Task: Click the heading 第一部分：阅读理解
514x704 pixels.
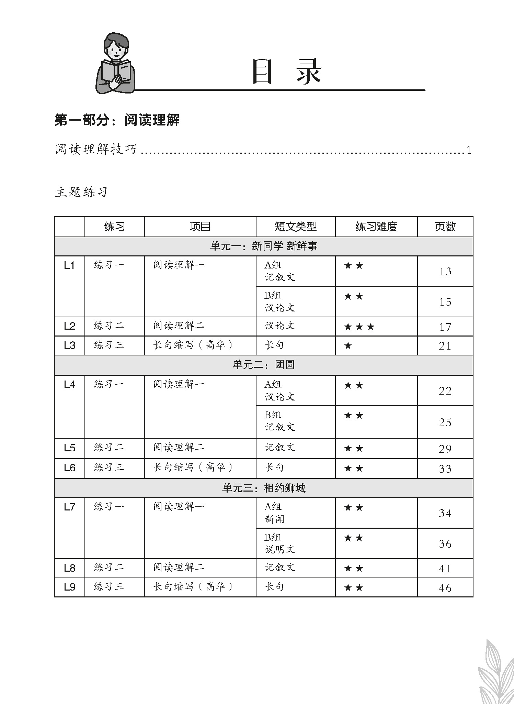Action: (x=117, y=120)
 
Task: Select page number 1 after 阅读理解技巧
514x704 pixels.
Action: (x=469, y=150)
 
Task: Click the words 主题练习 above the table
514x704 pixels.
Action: (x=81, y=192)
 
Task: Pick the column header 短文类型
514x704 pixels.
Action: (x=295, y=227)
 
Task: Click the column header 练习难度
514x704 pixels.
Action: (x=376, y=227)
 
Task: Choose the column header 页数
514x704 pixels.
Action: (x=445, y=227)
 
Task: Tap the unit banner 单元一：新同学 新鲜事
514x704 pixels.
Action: (x=263, y=246)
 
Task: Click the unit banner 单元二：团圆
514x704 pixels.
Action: (x=263, y=365)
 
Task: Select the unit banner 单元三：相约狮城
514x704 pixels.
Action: (x=263, y=488)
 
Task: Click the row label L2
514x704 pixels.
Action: (x=69, y=326)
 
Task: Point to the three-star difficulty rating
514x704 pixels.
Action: (x=359, y=327)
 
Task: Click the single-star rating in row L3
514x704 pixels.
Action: (x=348, y=346)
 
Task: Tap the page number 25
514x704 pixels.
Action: (x=445, y=422)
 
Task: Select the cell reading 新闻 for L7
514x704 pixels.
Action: (x=274, y=519)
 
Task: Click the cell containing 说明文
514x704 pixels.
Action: (x=280, y=549)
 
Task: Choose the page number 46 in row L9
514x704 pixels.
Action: (x=445, y=588)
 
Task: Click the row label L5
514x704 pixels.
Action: (x=69, y=448)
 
